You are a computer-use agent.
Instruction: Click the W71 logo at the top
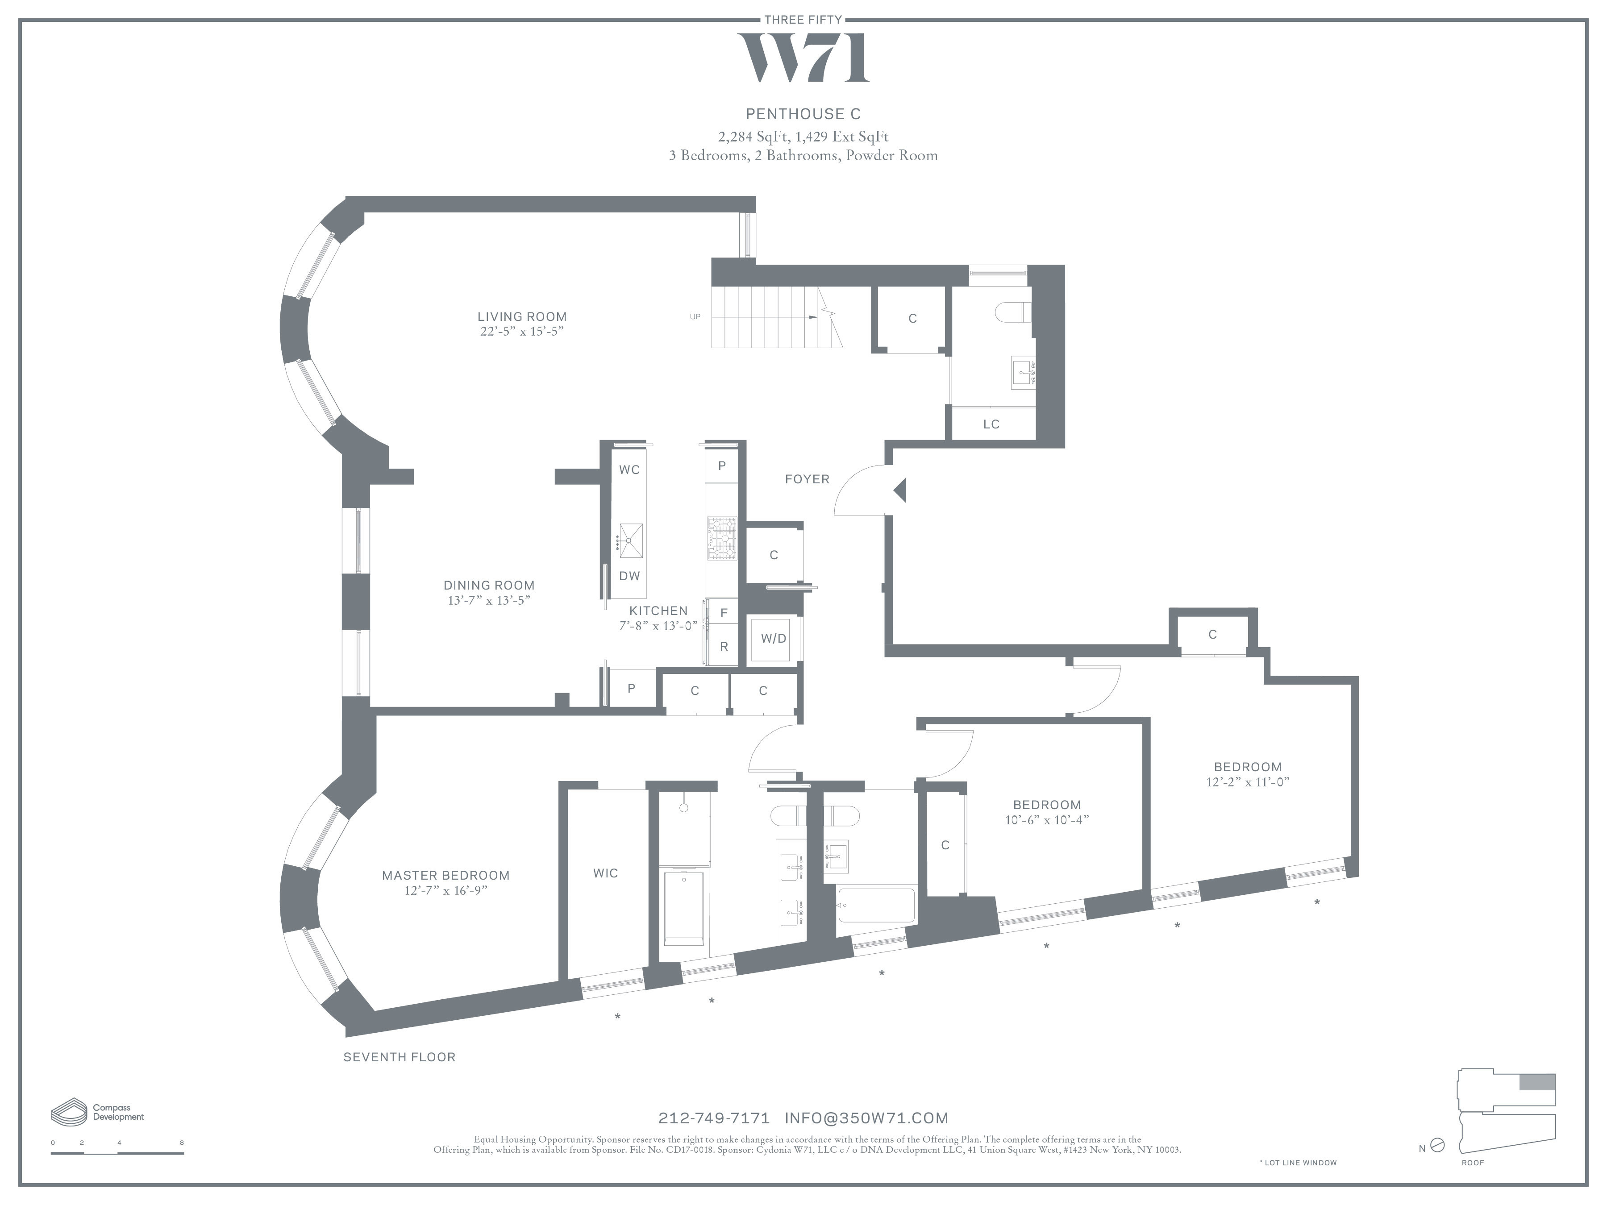tap(803, 58)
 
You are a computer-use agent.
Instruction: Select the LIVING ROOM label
tap(522, 317)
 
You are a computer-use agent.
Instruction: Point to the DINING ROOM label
tap(489, 586)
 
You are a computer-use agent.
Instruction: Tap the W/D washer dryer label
tap(773, 639)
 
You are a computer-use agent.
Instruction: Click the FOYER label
tap(807, 479)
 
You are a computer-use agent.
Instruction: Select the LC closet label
tap(991, 424)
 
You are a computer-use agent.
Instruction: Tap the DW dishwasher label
tap(629, 576)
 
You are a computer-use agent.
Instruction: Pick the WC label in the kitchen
tap(629, 470)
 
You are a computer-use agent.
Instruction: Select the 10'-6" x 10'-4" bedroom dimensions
tap(1046, 820)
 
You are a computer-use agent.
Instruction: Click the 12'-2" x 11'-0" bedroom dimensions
tap(1247, 782)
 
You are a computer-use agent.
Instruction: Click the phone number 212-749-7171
tap(713, 1118)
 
